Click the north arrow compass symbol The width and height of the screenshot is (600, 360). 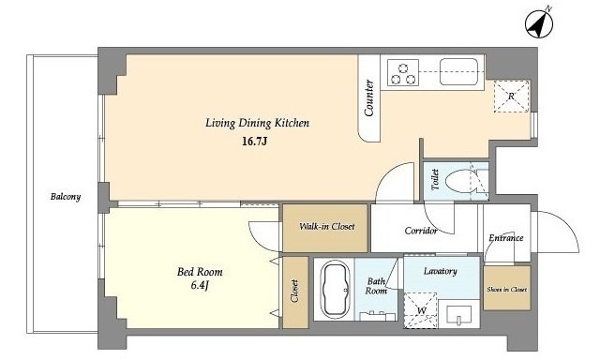[x=539, y=22]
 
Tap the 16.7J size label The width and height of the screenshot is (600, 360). [x=254, y=142]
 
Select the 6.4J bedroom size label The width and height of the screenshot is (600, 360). [x=200, y=285]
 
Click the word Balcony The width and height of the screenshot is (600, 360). [x=66, y=197]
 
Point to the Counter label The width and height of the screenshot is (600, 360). [x=368, y=97]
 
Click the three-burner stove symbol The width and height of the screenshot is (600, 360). [x=403, y=73]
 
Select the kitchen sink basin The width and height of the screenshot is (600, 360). [x=458, y=71]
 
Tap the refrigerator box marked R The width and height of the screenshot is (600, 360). [x=511, y=97]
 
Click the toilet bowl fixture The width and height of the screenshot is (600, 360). [x=460, y=180]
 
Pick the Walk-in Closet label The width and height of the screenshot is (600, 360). [x=327, y=227]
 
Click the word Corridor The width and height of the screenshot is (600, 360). [x=421, y=231]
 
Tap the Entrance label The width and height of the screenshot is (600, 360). [x=506, y=238]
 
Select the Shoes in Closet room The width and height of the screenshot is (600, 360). [x=507, y=288]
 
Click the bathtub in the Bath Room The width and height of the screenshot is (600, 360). [x=336, y=290]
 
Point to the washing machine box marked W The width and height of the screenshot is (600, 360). [x=421, y=310]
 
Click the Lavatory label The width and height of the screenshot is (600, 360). [x=440, y=271]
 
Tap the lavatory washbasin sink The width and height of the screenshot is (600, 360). [x=458, y=314]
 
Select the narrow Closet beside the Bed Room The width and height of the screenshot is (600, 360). [x=295, y=292]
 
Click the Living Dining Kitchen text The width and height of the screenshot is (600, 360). [x=257, y=123]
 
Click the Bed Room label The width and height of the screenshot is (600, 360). [x=200, y=272]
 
